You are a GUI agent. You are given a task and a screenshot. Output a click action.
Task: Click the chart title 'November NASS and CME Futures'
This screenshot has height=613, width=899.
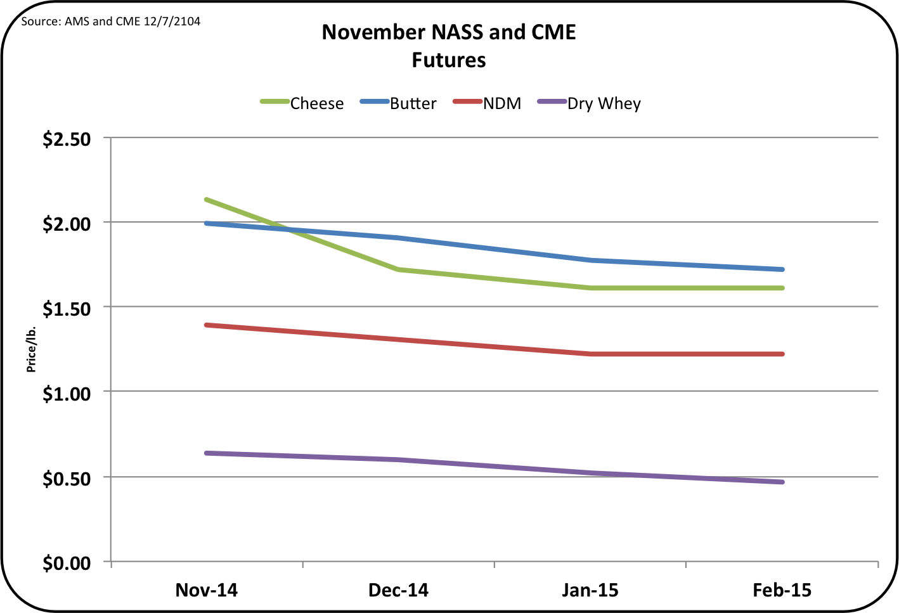coord(449,46)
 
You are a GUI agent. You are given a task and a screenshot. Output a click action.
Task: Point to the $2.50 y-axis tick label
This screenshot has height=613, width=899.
coord(67,139)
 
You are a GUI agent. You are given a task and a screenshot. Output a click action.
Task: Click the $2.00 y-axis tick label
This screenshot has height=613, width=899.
coord(67,224)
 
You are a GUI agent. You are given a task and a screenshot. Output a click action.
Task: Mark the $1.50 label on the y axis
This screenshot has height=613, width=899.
coord(67,309)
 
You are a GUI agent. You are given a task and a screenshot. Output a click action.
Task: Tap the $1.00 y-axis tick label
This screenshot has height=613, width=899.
coord(67,394)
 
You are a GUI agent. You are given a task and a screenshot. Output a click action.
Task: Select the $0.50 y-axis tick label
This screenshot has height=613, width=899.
coord(67,479)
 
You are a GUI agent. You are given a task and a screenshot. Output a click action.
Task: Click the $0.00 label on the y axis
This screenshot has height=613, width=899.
coord(67,563)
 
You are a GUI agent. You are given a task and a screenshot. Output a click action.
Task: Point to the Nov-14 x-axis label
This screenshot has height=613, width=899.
coord(207,590)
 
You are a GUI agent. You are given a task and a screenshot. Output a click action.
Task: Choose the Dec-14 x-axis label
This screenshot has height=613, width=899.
coord(398,590)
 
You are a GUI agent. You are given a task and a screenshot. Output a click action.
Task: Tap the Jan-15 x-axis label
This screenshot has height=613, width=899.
coord(590,590)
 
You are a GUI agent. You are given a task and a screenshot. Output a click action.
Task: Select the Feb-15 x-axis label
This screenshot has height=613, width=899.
coord(782,590)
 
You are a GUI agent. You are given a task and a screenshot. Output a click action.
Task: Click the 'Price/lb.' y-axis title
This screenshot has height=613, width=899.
coord(31,349)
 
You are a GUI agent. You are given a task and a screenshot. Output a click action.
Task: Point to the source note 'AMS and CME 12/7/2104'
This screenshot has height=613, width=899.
coord(111,22)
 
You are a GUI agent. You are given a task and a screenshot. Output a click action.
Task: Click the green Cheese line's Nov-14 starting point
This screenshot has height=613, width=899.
coord(207,200)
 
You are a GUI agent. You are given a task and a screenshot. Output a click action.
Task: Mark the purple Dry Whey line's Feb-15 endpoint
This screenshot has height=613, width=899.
coord(782,482)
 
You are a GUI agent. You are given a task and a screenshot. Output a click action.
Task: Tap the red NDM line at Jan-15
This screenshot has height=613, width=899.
coord(590,354)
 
